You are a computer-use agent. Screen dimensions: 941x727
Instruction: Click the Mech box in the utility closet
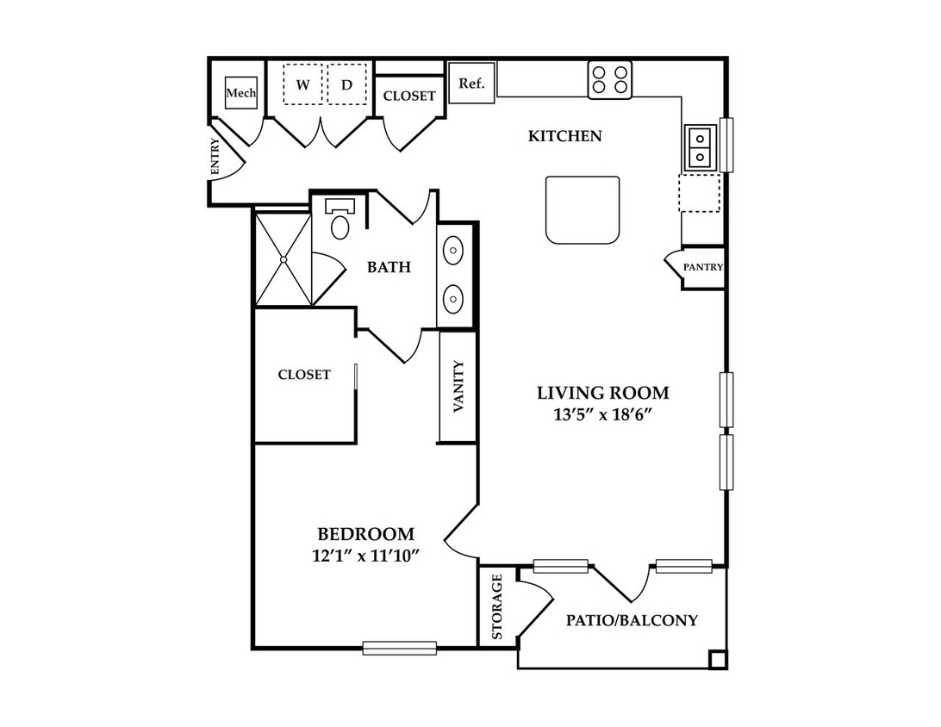click(241, 93)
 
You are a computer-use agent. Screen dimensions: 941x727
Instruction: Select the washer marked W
click(303, 84)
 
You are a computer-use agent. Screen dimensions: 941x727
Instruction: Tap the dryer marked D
click(347, 84)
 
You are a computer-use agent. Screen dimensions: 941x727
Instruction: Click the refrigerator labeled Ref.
click(471, 83)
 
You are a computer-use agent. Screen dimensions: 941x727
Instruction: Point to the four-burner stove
click(610, 80)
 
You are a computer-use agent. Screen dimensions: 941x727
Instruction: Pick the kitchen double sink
click(700, 147)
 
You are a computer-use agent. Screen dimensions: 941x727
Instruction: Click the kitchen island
click(583, 210)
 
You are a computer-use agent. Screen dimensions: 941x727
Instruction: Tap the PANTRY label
click(703, 267)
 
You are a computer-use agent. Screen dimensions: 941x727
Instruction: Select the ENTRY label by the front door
click(215, 157)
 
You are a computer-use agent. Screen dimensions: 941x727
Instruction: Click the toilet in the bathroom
click(340, 219)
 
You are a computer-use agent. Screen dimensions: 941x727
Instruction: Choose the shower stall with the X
click(284, 259)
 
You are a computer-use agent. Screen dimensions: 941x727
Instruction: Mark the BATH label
click(389, 267)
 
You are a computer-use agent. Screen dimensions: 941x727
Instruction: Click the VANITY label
click(458, 386)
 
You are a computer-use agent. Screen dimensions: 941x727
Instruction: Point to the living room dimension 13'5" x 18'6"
click(602, 414)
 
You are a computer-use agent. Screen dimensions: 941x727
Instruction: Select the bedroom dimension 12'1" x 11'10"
click(365, 556)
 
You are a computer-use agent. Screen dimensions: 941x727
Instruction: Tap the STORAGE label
click(497, 606)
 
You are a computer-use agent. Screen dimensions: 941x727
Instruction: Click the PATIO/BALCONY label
click(632, 620)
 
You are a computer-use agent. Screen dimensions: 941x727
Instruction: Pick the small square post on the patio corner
click(717, 659)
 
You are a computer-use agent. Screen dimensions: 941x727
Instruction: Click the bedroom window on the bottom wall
click(399, 648)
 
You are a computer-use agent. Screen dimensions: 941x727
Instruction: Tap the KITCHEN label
click(564, 136)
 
